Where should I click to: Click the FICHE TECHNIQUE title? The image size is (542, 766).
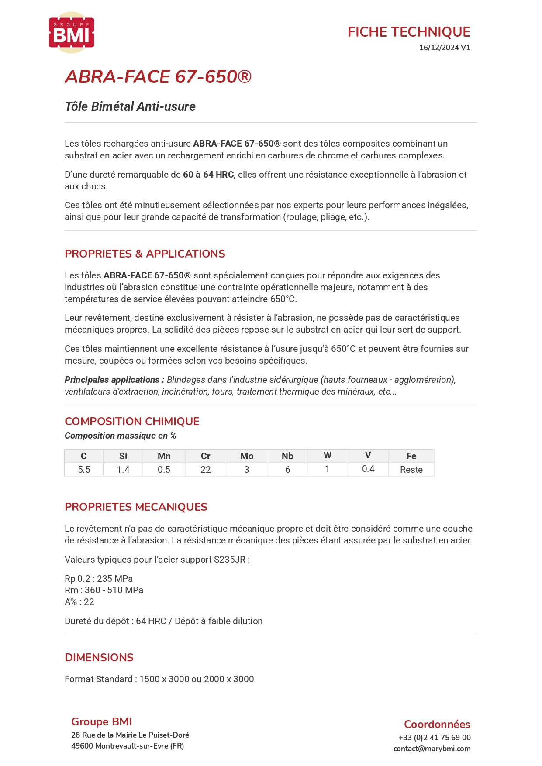coord(408,32)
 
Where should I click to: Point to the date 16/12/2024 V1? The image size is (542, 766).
coord(444,48)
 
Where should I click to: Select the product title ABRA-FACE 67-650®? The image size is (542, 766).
coord(158,77)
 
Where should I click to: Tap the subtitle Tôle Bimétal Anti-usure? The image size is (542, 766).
coord(130,106)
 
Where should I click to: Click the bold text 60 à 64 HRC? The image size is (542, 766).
coord(208,175)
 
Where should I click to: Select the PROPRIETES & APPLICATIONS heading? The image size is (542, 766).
coord(145,254)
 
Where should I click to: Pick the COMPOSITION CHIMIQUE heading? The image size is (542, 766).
coord(132,421)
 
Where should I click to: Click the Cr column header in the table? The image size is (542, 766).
coord(206,456)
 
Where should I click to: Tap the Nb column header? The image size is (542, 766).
coord(287,456)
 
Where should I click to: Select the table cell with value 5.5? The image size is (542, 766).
coord(84,470)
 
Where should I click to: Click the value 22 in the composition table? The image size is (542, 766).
coord(206,470)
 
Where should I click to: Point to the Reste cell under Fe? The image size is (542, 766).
coord(411,470)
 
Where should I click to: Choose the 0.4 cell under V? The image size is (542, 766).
coord(368,469)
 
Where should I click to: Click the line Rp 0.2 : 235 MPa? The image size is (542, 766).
coord(99,579)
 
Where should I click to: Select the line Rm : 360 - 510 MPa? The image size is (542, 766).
coord(104,590)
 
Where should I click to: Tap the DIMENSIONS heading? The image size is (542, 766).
coord(99,657)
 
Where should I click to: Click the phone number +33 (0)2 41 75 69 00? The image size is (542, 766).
coord(435,738)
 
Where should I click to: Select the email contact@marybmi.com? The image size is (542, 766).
coord(432,749)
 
